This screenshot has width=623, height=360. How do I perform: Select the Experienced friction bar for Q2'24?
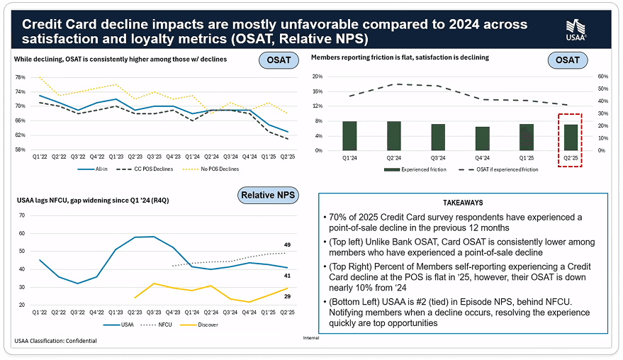tap(393, 135)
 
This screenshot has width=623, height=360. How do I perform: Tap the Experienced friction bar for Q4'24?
tap(483, 138)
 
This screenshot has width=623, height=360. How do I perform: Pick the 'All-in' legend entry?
tap(99, 169)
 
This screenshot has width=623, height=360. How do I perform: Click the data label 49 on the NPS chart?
tap(287, 244)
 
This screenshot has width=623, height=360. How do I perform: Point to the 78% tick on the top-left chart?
tap(20, 77)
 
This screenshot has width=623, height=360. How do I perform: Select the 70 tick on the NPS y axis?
tap(21, 215)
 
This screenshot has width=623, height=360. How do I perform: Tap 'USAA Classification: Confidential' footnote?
tap(55, 341)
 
